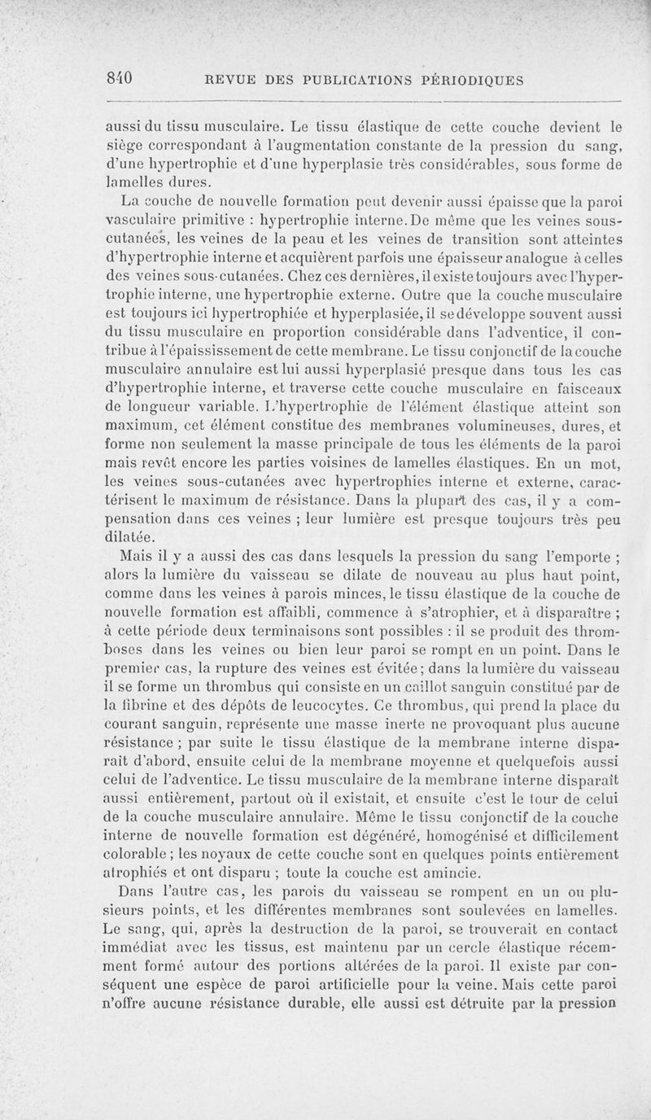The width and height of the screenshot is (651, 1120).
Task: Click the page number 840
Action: [x=120, y=79]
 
